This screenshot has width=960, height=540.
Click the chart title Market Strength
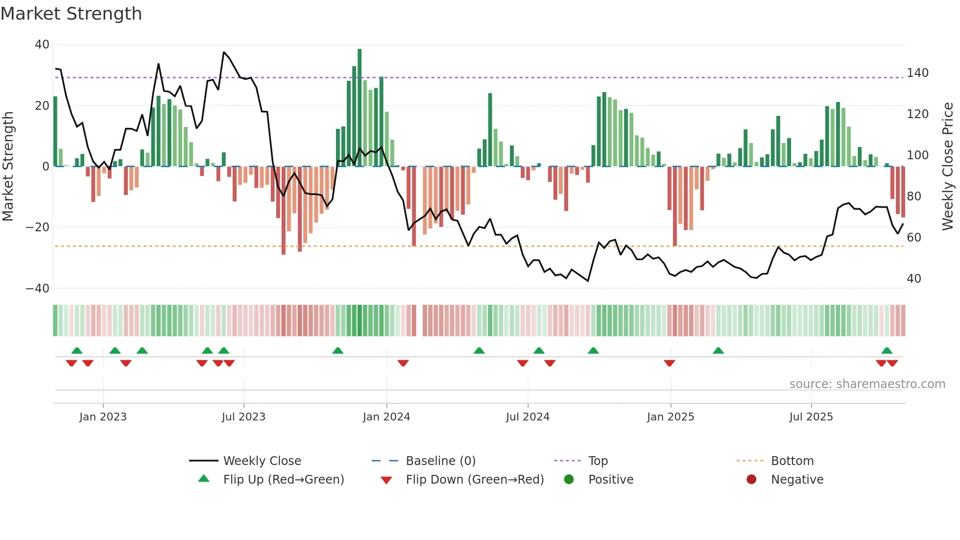tap(71, 14)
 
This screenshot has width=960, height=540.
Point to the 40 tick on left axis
tap(42, 45)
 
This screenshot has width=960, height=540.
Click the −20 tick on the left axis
tap(38, 227)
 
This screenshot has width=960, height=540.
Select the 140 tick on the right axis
tap(917, 73)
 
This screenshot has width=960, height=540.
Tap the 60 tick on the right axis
tap(914, 238)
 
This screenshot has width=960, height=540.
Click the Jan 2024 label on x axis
tap(386, 417)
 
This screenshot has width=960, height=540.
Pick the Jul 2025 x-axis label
tap(811, 417)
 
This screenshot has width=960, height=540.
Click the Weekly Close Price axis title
tap(948, 167)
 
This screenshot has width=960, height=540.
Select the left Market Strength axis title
tap(8, 167)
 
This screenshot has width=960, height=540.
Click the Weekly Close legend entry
tap(262, 461)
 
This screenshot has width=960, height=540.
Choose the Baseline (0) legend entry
tap(440, 461)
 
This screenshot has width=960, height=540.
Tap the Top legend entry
tap(598, 461)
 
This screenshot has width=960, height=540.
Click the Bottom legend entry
tap(792, 461)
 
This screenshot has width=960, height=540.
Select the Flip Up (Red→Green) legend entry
tap(283, 480)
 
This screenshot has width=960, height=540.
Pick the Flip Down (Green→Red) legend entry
tap(474, 480)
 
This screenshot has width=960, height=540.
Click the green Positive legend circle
tap(569, 480)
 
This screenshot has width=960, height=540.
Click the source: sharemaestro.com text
tap(867, 384)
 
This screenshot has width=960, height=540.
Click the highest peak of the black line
tap(224, 52)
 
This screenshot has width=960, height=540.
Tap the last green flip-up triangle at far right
tap(887, 351)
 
